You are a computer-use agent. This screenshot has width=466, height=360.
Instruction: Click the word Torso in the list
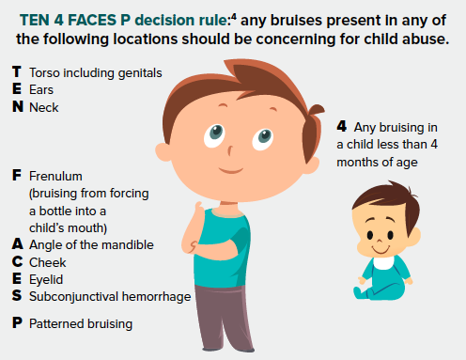click(x=44, y=73)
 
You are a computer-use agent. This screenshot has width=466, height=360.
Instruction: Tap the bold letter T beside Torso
click(x=16, y=73)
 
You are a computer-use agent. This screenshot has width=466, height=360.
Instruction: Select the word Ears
click(x=40, y=90)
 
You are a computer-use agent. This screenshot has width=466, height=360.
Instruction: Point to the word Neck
click(x=43, y=107)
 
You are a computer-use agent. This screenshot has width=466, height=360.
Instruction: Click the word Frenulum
click(x=56, y=175)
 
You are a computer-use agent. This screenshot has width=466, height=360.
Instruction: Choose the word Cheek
click(x=47, y=261)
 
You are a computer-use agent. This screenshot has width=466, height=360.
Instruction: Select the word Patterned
click(x=57, y=323)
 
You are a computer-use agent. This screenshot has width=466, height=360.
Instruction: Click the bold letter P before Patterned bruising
click(x=16, y=323)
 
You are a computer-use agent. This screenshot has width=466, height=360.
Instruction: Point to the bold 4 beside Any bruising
click(x=341, y=125)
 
